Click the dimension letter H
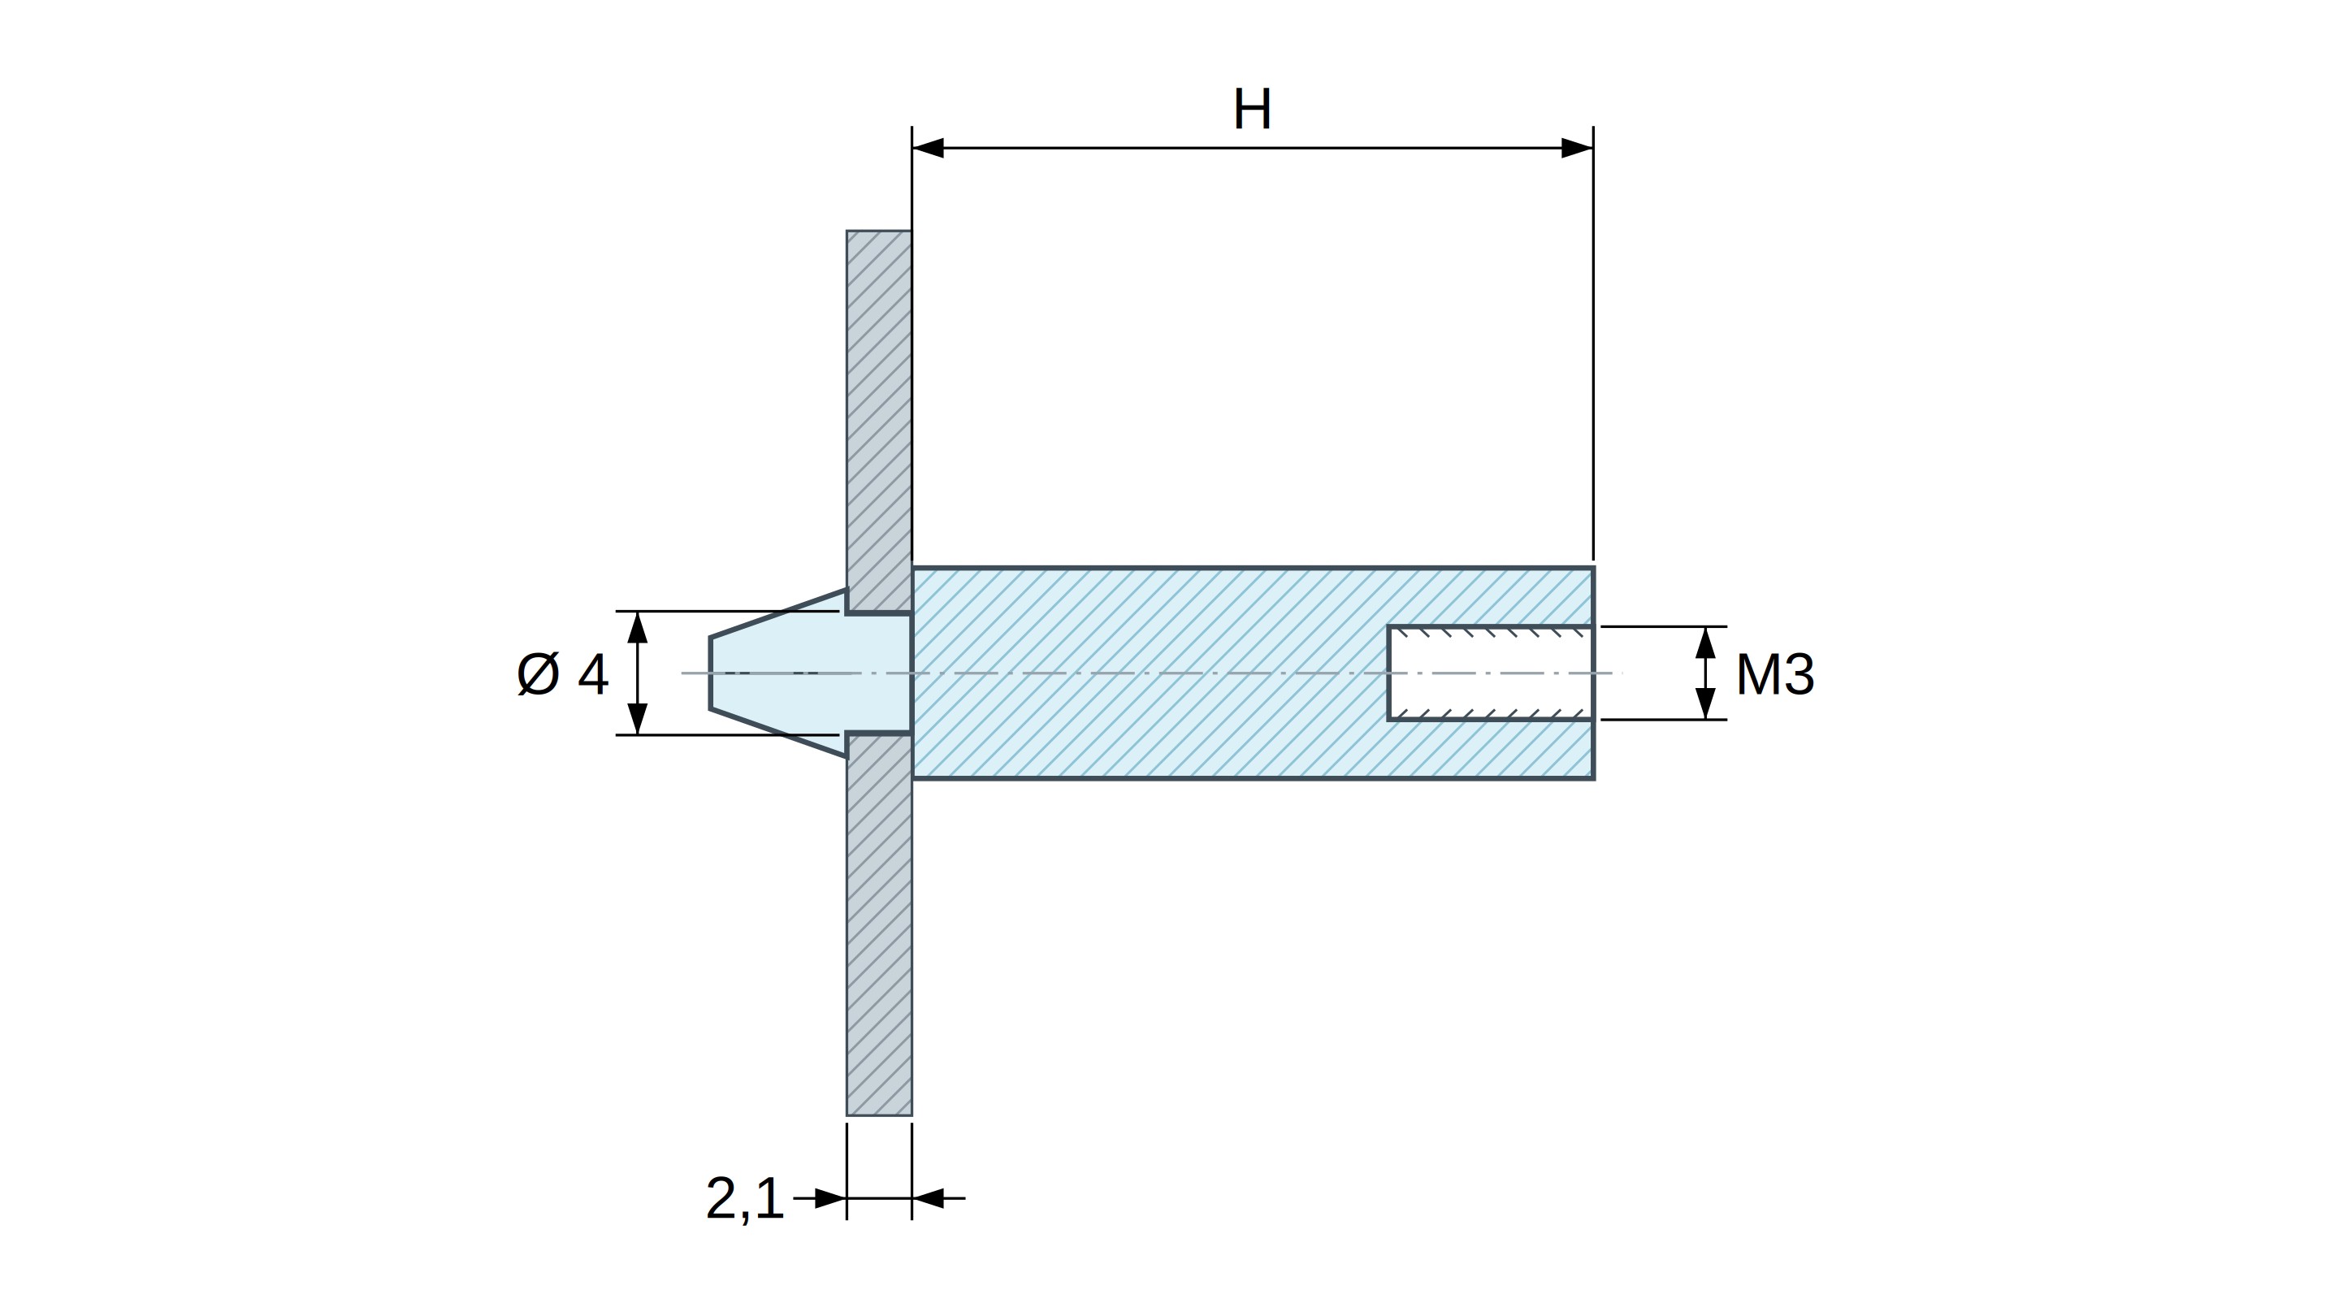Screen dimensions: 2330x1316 1253,110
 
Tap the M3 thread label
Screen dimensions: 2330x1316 1774,675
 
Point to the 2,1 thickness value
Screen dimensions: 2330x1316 744,1199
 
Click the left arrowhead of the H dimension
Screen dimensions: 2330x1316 928,147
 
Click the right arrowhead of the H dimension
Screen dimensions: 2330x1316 1578,147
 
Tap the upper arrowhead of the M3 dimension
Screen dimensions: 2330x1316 1706,643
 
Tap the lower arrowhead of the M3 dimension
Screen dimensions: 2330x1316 1706,703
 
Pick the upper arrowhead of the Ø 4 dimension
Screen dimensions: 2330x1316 638,628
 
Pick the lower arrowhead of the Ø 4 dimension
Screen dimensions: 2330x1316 638,719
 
